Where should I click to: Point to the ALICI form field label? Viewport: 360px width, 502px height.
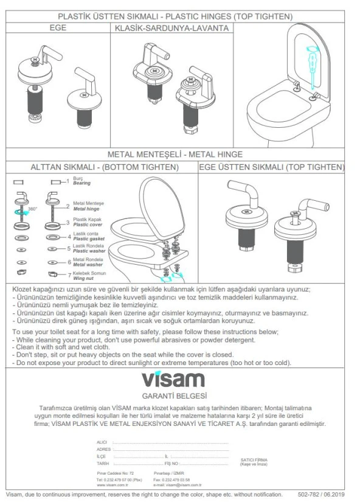click(104, 441)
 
